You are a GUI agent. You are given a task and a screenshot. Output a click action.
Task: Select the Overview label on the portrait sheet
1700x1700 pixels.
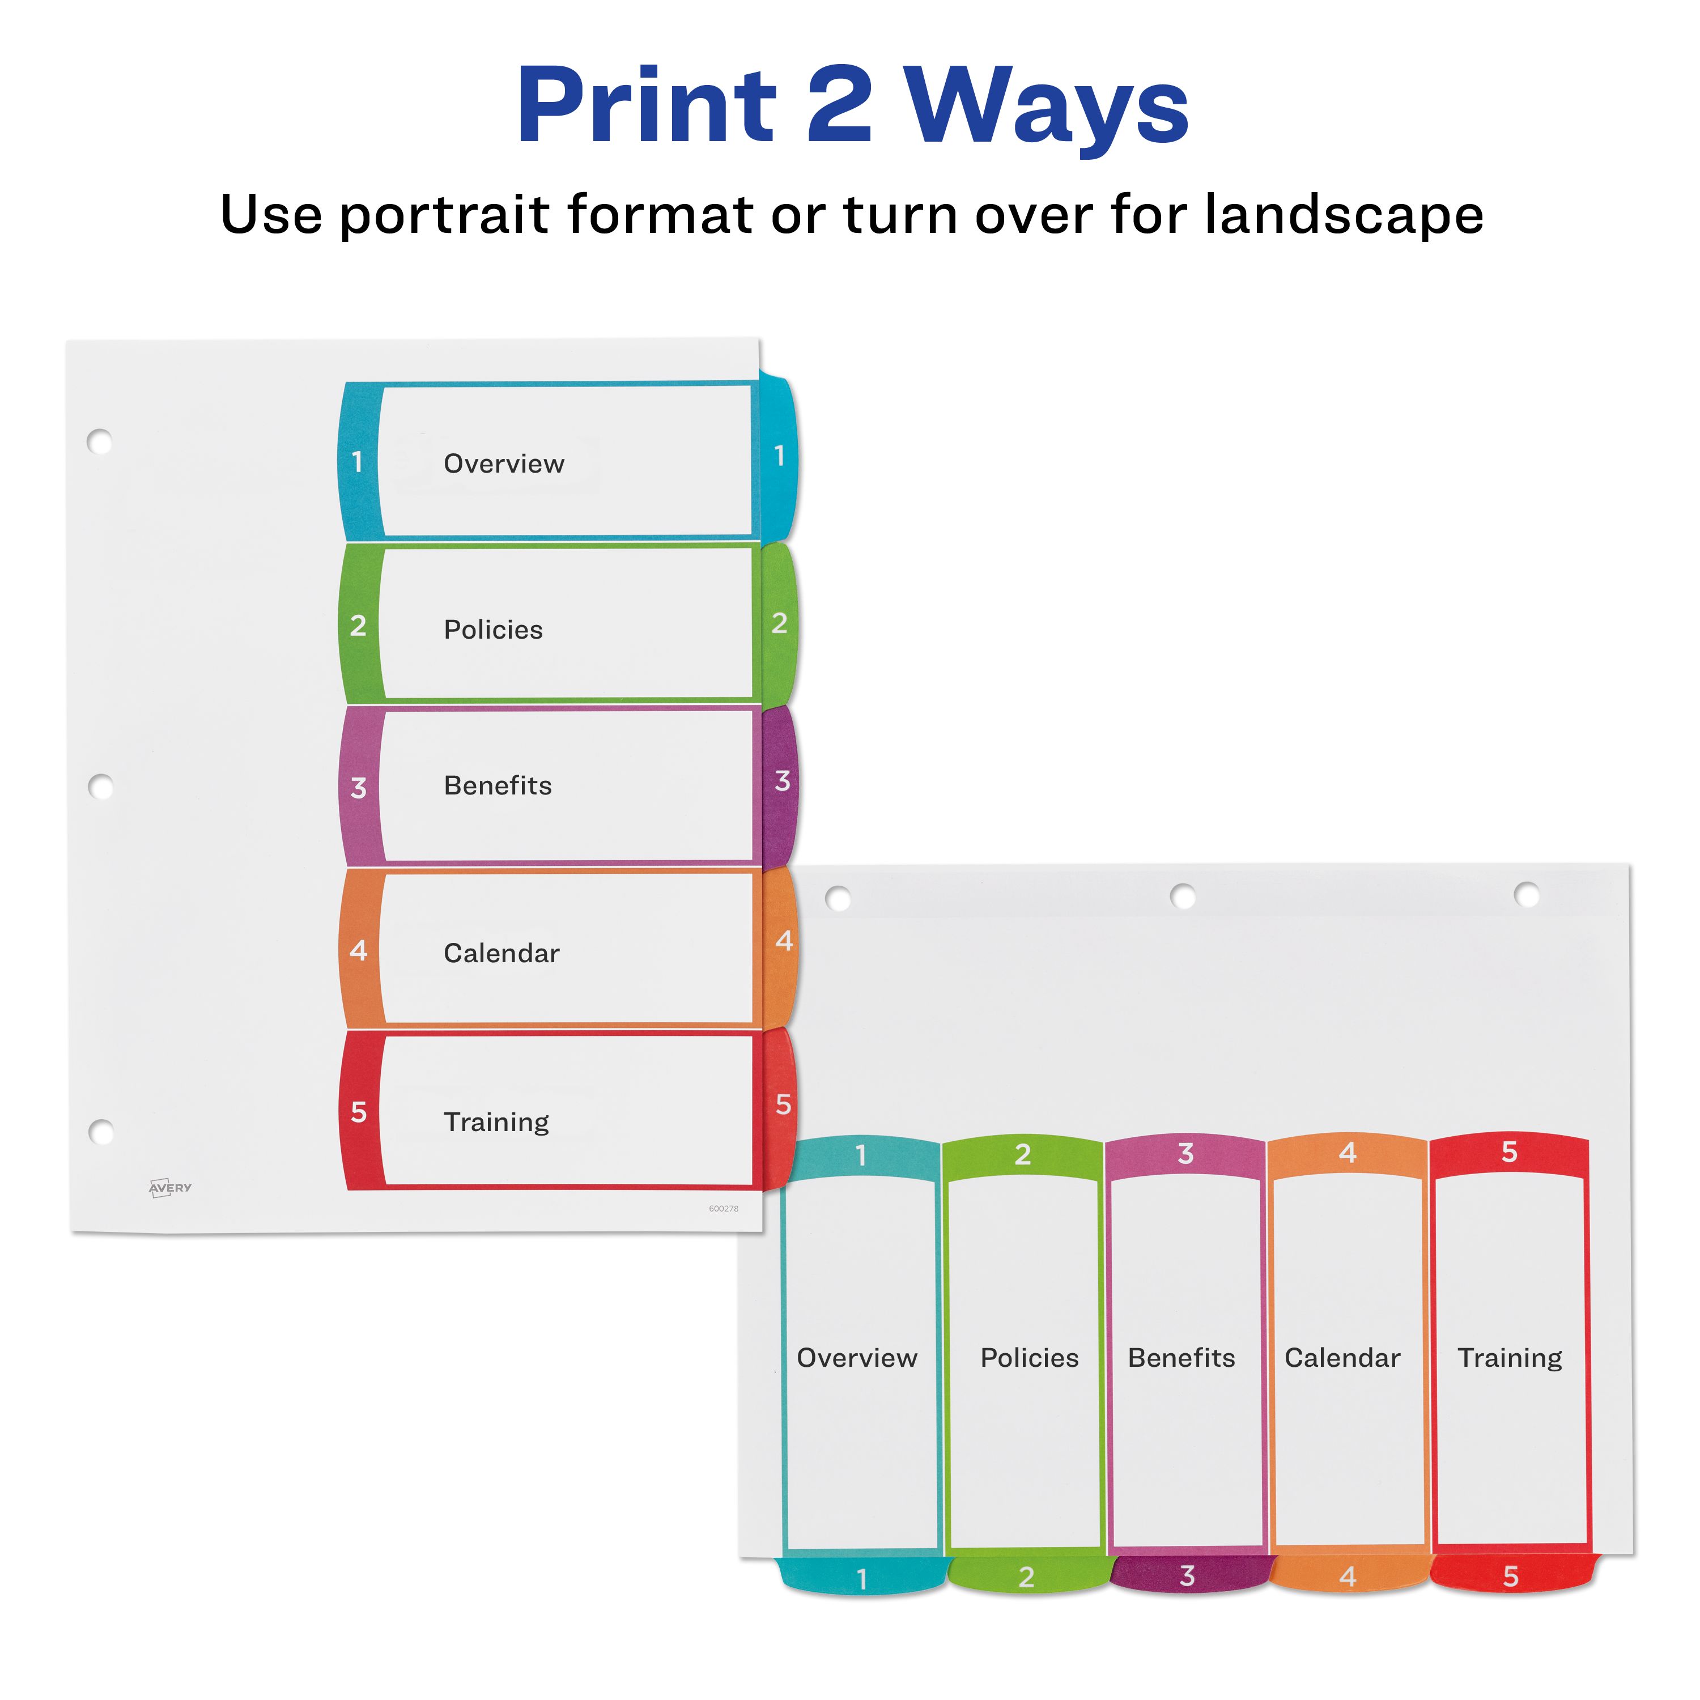coord(503,464)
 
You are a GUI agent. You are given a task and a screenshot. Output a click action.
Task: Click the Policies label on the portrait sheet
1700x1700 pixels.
coord(493,630)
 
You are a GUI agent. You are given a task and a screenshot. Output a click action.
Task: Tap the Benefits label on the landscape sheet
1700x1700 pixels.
coord(1181,1358)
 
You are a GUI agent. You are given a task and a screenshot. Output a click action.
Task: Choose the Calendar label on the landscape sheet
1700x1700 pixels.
coord(1342,1358)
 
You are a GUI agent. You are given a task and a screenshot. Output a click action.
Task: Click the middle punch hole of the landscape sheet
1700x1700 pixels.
coord(1183,896)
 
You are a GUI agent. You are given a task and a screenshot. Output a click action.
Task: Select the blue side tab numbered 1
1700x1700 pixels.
coord(778,457)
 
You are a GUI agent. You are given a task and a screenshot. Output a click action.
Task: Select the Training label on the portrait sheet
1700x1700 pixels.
coord(496,1123)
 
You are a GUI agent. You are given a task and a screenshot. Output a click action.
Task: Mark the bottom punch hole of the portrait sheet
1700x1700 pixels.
coord(101,1132)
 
